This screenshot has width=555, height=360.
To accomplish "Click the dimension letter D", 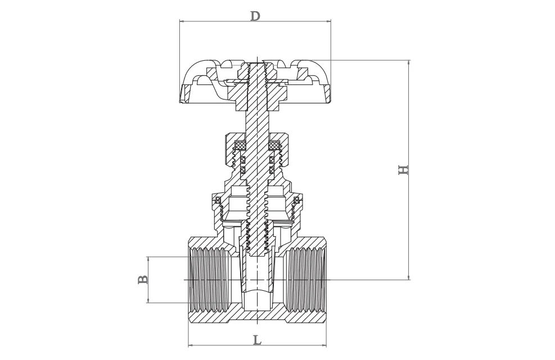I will point(255,15).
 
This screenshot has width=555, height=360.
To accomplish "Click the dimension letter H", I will point(403,169).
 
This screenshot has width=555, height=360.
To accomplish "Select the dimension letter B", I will point(143,280).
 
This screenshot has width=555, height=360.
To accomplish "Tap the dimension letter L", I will point(256,340).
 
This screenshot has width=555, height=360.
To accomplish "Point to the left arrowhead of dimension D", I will point(181,22).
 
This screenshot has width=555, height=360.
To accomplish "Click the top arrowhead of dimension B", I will point(148,259).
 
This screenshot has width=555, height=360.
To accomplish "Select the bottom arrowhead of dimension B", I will point(148,301).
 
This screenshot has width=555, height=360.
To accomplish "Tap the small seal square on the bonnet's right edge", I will point(297,199).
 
